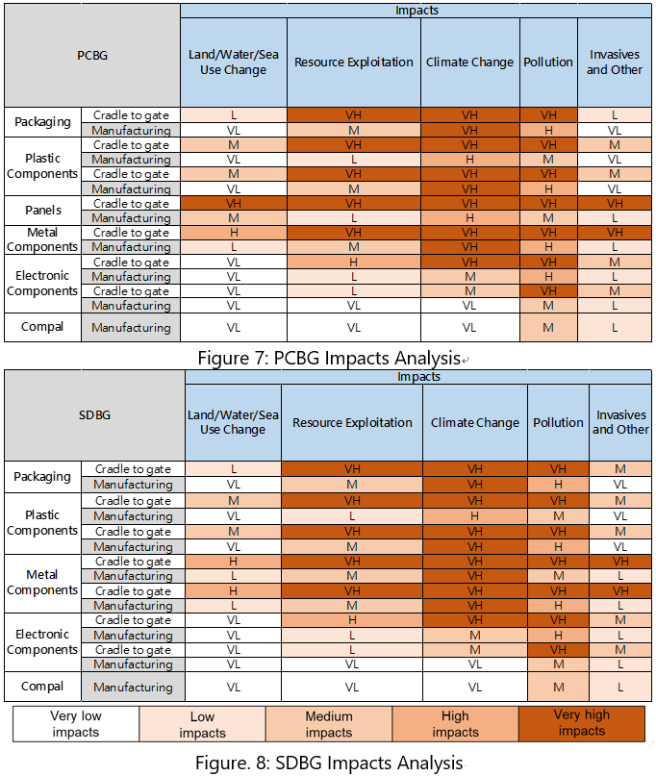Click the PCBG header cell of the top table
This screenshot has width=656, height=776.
92,56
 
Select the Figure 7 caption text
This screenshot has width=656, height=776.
328,358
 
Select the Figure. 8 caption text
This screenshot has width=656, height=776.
328,763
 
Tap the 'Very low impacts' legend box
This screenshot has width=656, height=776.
76,724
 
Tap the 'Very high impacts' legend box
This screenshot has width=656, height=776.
581,723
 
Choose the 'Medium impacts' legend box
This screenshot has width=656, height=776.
329,724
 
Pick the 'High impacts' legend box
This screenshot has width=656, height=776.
455,724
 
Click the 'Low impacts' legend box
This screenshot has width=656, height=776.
202,724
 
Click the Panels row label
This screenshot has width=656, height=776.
42,211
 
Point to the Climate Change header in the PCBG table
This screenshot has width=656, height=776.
470,63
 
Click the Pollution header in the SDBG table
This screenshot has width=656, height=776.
558,422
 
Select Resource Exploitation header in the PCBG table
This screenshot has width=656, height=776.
354,63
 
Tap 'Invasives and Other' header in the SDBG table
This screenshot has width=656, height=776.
620,422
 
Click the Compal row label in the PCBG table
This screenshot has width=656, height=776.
42,327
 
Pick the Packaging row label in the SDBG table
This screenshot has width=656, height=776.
42,477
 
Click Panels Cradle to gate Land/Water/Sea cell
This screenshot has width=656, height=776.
233,204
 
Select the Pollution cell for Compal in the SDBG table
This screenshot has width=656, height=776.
558,687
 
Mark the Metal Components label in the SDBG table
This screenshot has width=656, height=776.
42,583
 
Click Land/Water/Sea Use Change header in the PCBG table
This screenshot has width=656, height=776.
233,63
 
